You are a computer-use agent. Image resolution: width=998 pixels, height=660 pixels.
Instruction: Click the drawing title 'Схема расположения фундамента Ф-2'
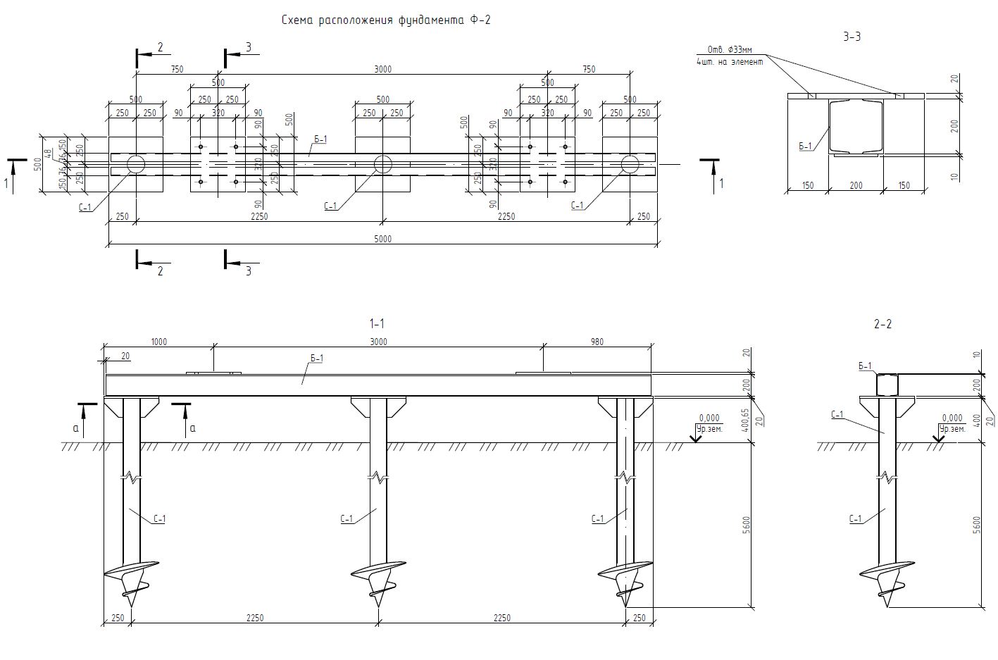[x=386, y=20]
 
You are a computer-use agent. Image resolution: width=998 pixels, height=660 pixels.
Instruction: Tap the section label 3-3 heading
[x=852, y=37]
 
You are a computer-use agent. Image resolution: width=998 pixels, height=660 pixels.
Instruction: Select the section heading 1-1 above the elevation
[x=377, y=324]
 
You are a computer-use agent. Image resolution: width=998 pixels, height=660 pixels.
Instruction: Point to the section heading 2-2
[x=882, y=324]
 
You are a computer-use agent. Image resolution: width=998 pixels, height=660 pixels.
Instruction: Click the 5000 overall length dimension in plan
[x=382, y=239]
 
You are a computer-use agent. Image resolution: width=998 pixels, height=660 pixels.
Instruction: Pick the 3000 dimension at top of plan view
[x=382, y=69]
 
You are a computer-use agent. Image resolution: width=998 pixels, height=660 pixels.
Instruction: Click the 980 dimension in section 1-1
[x=597, y=342]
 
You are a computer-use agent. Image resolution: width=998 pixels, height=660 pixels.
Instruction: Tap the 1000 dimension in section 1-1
[x=159, y=342]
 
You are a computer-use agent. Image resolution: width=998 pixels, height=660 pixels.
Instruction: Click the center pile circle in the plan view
[x=382, y=164]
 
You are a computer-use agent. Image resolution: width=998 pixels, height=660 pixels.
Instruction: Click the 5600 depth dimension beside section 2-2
[x=975, y=525]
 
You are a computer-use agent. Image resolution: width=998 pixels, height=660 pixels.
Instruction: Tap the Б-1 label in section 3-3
[x=805, y=146]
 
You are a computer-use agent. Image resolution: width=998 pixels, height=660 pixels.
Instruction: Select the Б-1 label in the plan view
[x=320, y=139]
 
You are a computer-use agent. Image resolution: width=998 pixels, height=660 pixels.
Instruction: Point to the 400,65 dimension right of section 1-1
[x=747, y=422]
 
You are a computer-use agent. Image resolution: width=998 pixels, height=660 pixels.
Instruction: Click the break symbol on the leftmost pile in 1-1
[x=131, y=477]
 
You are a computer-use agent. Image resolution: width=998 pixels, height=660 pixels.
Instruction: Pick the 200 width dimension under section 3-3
[x=855, y=186]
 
